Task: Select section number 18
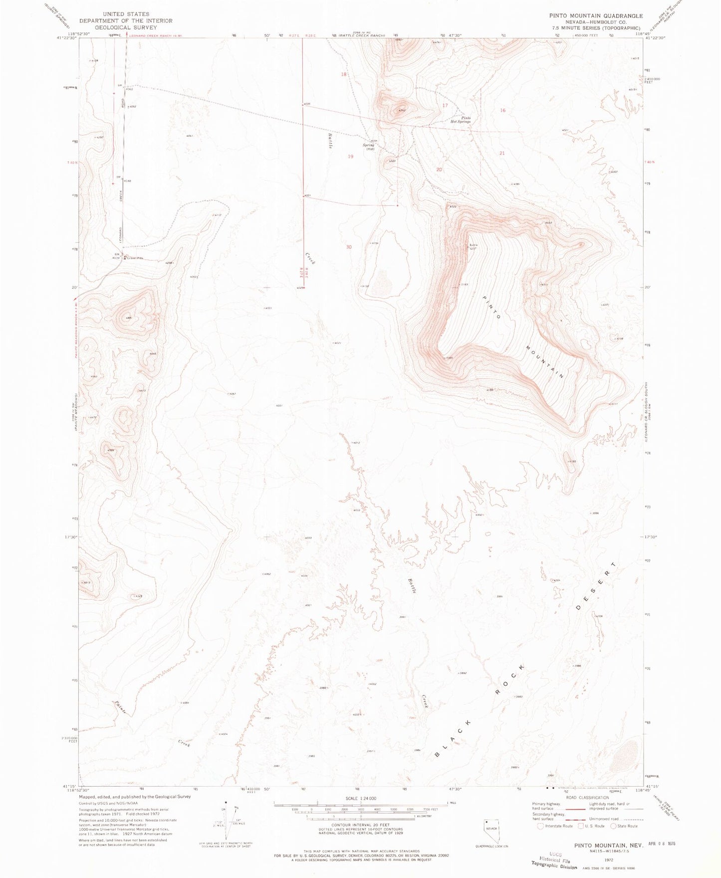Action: point(343,75)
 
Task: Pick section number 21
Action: point(502,154)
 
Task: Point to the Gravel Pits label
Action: point(134,258)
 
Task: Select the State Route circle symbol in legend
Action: point(614,826)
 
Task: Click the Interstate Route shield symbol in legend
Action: point(540,826)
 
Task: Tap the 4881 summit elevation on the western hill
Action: point(129,318)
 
